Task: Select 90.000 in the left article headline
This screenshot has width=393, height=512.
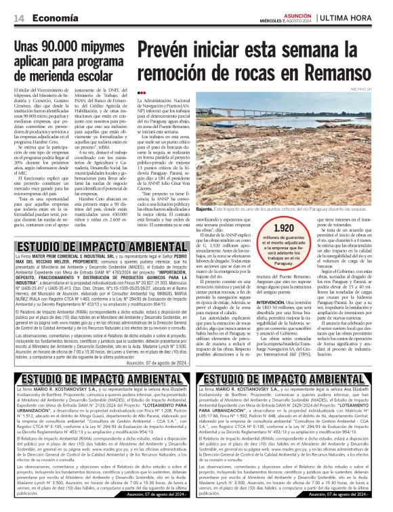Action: tap(66, 47)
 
